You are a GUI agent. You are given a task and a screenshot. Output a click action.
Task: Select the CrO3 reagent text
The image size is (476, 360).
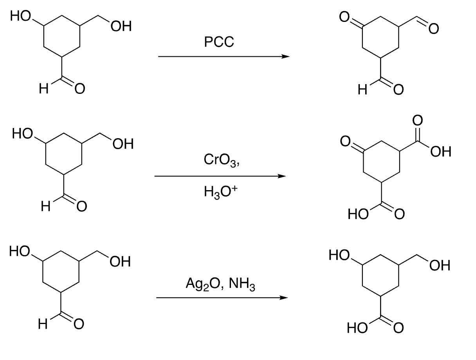tap(221, 161)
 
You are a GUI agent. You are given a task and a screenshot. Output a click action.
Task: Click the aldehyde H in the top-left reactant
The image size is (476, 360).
tap(43, 90)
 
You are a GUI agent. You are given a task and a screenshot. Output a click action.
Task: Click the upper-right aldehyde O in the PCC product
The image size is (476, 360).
tap(434, 28)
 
